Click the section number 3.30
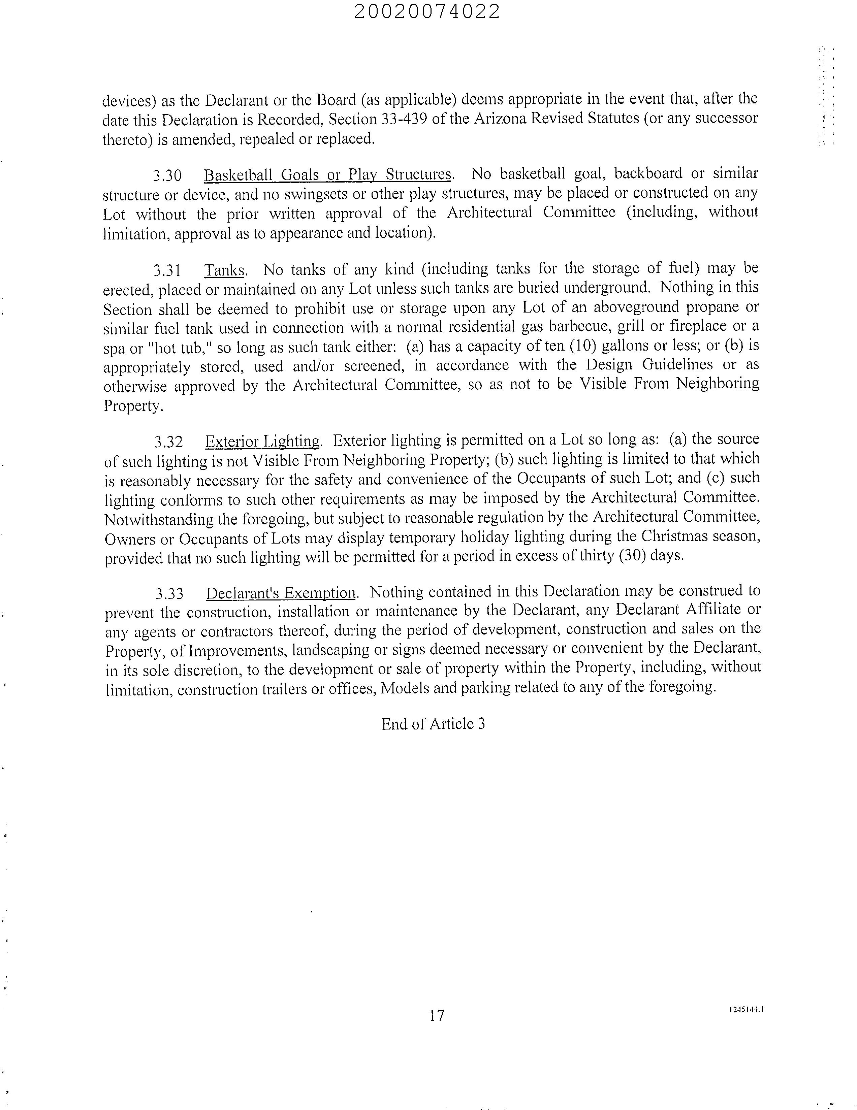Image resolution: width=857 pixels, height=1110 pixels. click(x=167, y=175)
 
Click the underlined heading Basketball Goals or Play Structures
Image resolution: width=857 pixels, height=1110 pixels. click(x=328, y=175)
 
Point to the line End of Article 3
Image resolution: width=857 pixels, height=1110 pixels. click(x=433, y=724)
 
